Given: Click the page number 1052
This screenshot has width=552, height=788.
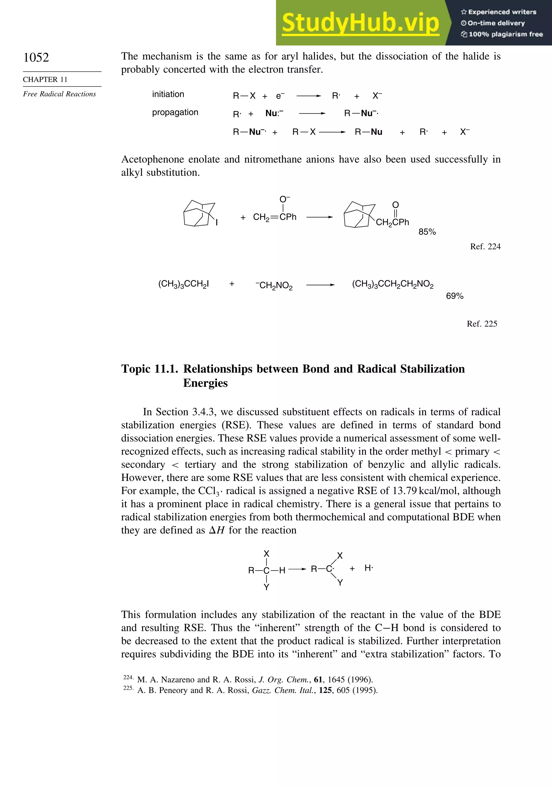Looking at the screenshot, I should pyautogui.click(x=36, y=57).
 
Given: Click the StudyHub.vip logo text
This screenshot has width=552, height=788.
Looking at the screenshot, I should pyautogui.click(x=360, y=23).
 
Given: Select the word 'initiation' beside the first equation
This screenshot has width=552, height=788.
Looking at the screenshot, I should pyautogui.click(x=168, y=94).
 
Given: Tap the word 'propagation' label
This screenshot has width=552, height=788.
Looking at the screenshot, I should pyautogui.click(x=175, y=113).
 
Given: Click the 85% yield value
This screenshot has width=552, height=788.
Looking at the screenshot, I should pyautogui.click(x=427, y=232).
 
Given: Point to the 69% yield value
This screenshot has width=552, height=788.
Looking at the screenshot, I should pyautogui.click(x=454, y=296).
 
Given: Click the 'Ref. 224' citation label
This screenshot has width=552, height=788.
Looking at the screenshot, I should pyautogui.click(x=485, y=247).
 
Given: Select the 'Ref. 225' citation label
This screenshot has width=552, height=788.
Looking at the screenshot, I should pyautogui.click(x=482, y=324).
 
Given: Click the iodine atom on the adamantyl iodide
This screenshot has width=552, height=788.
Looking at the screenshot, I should pyautogui.click(x=217, y=223).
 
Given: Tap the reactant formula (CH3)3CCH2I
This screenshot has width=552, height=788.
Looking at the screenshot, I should pyautogui.click(x=184, y=284).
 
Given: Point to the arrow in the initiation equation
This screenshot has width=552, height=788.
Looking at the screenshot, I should pyautogui.click(x=308, y=96).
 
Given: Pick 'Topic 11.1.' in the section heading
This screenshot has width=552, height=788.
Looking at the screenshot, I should pyautogui.click(x=149, y=369).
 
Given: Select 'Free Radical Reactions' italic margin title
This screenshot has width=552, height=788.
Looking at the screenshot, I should pyautogui.click(x=59, y=94).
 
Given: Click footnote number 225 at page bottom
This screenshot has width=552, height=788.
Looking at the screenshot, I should pyautogui.click(x=128, y=688).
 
